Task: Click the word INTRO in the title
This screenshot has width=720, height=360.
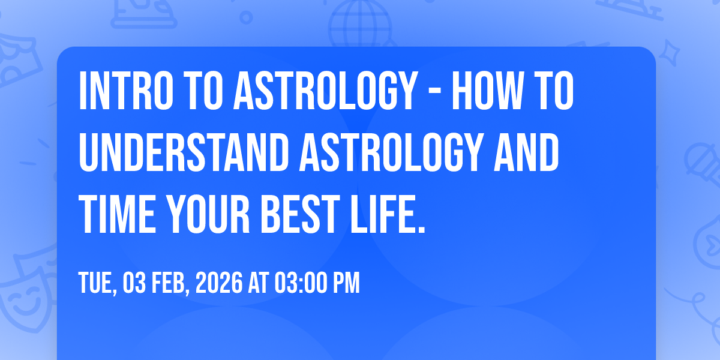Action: [126, 91]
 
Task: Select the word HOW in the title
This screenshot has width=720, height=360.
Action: [488, 91]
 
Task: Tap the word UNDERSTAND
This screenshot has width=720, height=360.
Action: [184, 152]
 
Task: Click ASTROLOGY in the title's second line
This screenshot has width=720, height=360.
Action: [391, 152]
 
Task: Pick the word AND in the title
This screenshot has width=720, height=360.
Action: [526, 152]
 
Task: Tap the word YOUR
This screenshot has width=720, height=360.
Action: [208, 214]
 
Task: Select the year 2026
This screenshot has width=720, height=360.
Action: [219, 283]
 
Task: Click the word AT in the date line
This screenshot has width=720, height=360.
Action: [258, 283]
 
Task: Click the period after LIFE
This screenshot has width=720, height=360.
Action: [421, 229]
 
